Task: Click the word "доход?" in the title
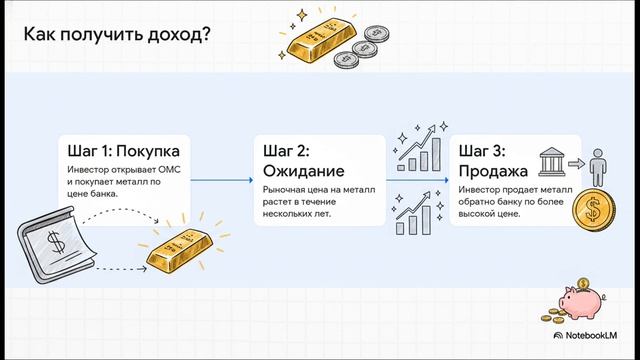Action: pos(178,34)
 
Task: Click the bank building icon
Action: pos(552,162)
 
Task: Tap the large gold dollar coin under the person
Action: pos(596,215)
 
